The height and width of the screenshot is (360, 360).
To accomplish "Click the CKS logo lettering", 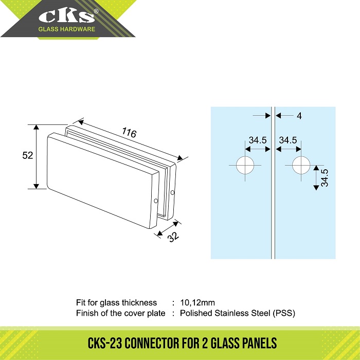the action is coord(66,16).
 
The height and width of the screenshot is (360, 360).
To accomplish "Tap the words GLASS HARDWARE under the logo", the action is coord(66,29).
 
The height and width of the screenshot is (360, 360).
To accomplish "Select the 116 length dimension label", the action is coord(129,133).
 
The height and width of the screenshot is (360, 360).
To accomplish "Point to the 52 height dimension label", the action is coord(28,155).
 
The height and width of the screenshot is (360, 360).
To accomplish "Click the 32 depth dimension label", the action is coord(173,237).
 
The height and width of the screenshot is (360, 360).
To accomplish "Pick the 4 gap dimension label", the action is coord(299,116).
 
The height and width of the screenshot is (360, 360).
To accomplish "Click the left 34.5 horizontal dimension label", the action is coord(258,140).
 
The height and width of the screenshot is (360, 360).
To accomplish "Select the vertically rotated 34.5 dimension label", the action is coord(325,178).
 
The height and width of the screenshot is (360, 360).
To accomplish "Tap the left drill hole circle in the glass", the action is coord(245,165).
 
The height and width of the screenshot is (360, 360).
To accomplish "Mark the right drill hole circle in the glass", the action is coord(301,165).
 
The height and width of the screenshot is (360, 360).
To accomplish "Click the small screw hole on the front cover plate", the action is coord(156,201).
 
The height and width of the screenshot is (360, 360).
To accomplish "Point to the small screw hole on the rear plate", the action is coord(173,193).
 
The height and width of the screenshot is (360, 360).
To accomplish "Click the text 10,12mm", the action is coord(197,302).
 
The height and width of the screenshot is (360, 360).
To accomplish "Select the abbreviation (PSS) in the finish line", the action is coord(284,313).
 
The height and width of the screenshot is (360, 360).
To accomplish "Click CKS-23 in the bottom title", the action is coord(105,343).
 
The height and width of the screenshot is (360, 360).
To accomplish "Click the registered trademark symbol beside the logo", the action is coord(96,11).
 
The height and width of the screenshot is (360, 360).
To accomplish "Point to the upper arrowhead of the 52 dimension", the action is coord(37,127).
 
